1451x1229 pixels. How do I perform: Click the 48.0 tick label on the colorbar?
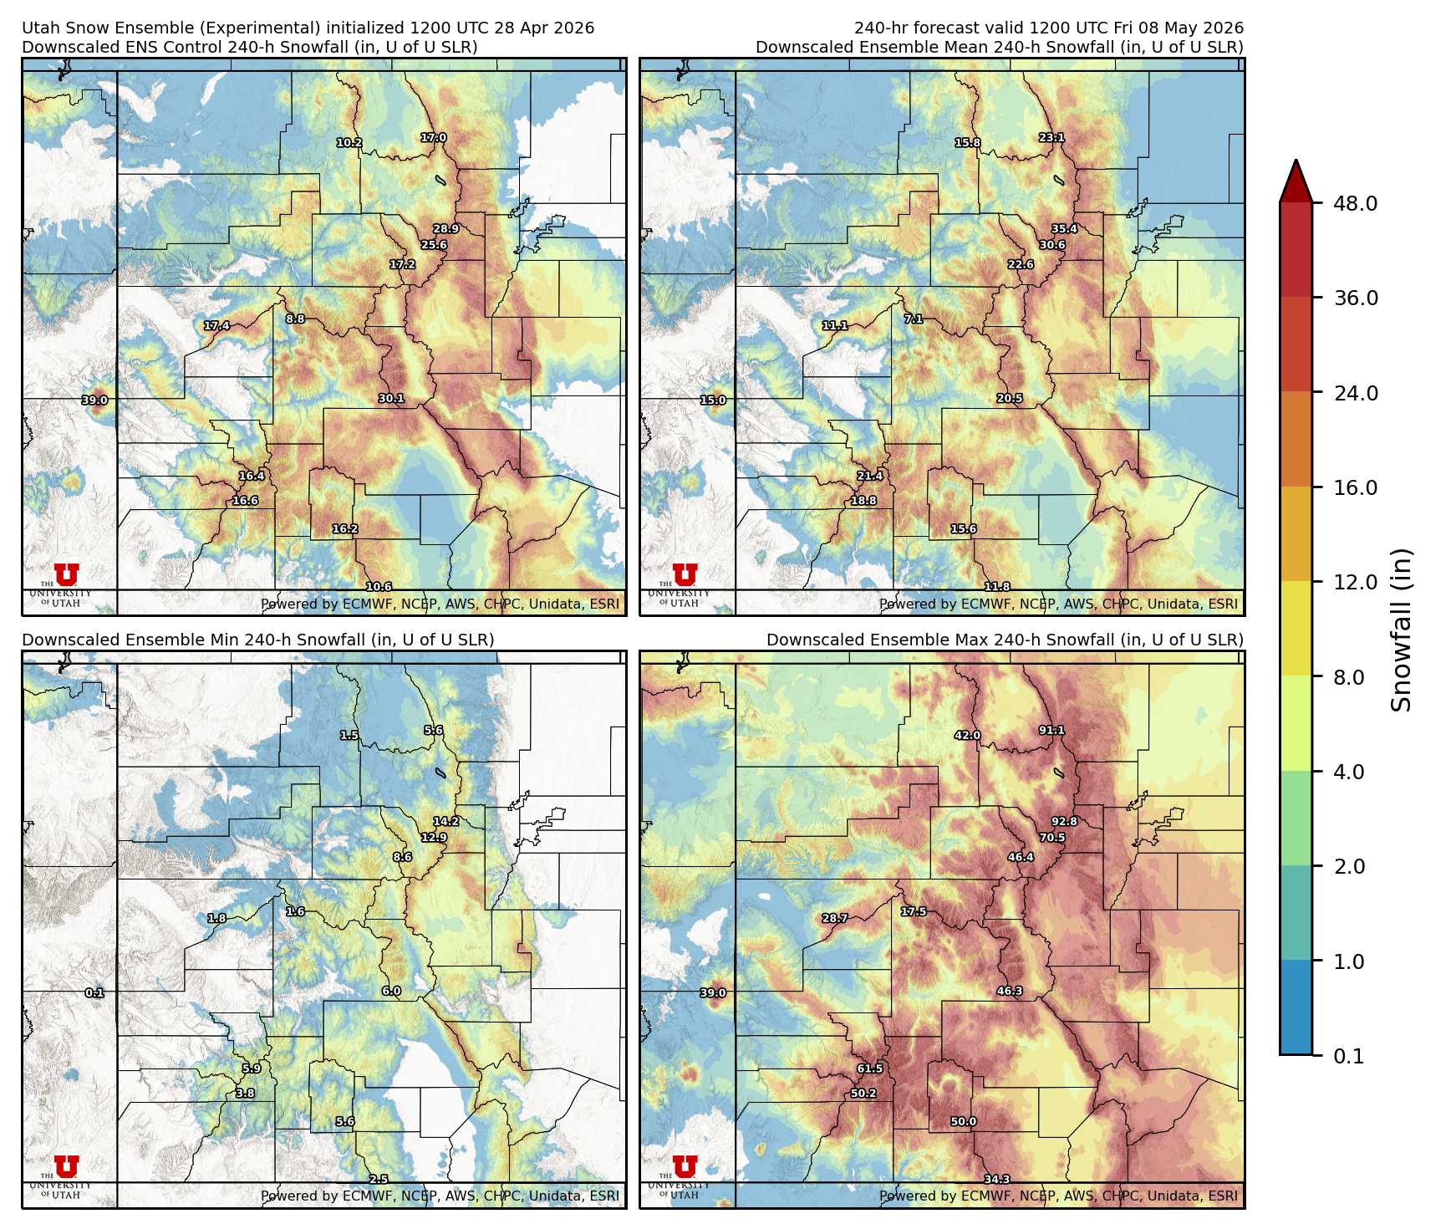(x=1355, y=203)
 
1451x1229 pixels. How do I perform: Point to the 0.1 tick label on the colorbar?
(x=1348, y=1056)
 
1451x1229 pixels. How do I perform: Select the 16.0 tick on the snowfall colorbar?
(x=1355, y=487)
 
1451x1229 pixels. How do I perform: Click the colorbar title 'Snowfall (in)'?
(x=1402, y=630)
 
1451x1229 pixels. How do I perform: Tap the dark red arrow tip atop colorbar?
(x=1296, y=177)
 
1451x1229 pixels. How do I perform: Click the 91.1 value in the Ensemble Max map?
(x=1051, y=730)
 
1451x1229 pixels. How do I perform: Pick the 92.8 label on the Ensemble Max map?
(x=1064, y=821)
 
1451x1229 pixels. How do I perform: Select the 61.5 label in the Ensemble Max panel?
(x=869, y=1068)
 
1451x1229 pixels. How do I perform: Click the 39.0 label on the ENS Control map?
(x=94, y=400)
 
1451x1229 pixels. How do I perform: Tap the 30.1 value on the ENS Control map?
(x=391, y=398)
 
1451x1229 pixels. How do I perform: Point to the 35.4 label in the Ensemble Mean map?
(x=1064, y=228)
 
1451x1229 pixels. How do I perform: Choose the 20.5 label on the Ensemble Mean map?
(x=1010, y=398)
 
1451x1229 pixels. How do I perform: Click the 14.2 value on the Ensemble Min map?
(x=445, y=821)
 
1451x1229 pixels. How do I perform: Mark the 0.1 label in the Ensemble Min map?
(x=94, y=992)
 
